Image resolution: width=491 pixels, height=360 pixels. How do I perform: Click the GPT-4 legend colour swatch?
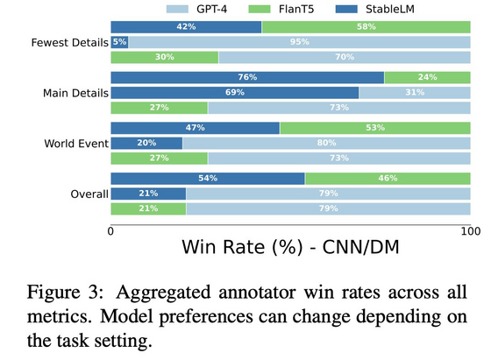pos(177,9)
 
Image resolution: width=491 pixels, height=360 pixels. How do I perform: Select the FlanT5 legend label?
pos(296,9)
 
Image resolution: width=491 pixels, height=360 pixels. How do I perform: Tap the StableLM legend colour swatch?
pos(346,9)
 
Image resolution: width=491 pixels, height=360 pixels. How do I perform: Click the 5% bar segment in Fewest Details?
pos(119,42)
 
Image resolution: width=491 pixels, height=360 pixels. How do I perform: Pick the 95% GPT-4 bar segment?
pos(299,42)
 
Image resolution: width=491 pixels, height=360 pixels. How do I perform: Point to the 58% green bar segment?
pos(366,27)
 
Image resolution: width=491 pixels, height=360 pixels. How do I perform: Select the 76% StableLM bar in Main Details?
pos(247,78)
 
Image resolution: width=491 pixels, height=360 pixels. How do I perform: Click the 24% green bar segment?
pos(428,78)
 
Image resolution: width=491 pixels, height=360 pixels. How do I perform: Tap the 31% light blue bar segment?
pos(415,93)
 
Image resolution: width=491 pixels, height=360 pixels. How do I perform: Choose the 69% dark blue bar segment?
pos(235,93)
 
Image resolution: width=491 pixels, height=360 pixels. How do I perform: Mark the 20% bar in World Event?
pos(146,144)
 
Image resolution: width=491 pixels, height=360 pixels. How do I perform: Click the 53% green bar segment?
pos(375,128)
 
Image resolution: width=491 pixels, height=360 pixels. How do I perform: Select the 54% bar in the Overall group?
pos(208,179)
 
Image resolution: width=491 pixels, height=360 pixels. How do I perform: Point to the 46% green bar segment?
pos(388,179)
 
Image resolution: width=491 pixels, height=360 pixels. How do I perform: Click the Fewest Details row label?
pos(70,43)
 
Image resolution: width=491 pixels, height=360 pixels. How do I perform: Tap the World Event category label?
pos(76,144)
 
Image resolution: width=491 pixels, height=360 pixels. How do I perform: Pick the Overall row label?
pos(89,194)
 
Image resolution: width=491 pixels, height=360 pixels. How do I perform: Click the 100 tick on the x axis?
pos(470,231)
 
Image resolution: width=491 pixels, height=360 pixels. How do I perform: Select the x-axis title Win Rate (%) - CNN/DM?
pos(290,247)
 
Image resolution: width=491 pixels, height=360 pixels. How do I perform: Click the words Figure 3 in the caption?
pos(65,293)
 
